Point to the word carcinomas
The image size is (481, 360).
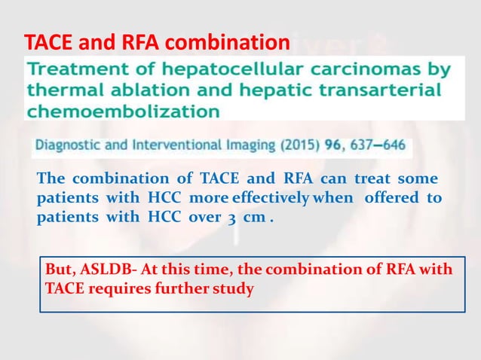369,71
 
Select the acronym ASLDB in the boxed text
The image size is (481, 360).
101,270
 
